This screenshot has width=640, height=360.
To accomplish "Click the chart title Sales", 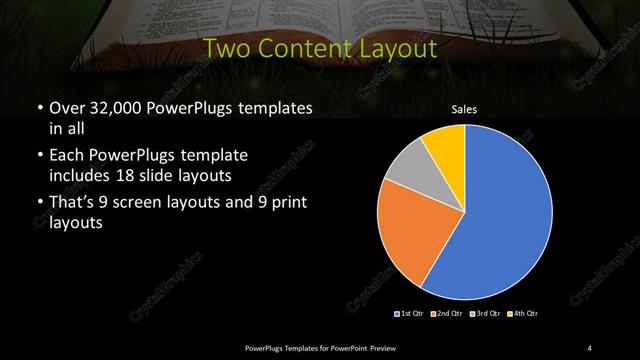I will [464, 110].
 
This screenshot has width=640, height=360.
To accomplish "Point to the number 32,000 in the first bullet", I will [113, 107].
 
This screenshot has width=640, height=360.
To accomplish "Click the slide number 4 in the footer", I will [590, 347].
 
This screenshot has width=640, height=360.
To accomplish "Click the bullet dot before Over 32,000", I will [39, 108].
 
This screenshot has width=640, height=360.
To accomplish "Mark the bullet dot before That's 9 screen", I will [39, 204].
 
